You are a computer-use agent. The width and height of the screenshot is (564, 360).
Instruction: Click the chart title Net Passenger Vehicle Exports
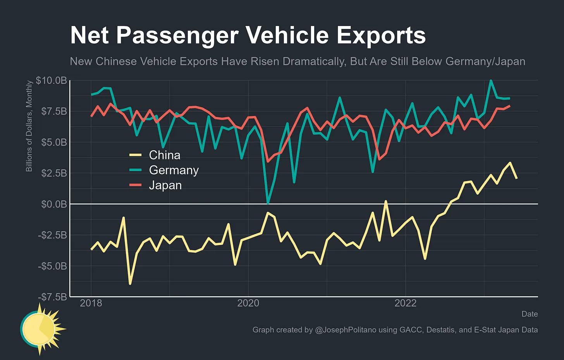(248, 35)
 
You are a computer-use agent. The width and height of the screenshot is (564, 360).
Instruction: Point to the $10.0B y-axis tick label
(51, 81)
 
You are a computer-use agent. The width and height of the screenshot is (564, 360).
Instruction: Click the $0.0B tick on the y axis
(54, 204)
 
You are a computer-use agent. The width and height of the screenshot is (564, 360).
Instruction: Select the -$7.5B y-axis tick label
(52, 297)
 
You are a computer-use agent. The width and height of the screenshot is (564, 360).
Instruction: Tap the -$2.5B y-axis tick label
(52, 235)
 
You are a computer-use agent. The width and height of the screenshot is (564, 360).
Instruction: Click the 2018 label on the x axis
(91, 303)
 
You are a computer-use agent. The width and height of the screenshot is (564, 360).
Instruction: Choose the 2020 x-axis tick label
(248, 303)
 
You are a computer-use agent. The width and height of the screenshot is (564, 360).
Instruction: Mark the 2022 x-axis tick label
(405, 303)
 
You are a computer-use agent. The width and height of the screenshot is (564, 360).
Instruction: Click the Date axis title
(530, 314)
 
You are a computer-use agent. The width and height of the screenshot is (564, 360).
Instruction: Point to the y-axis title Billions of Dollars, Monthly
(29, 126)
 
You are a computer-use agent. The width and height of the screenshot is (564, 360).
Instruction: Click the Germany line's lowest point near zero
(268, 203)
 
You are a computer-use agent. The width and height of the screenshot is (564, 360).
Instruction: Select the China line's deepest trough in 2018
(130, 284)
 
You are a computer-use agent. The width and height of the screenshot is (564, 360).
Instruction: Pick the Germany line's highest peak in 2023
(491, 81)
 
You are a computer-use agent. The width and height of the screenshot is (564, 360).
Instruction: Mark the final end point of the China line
(517, 178)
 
